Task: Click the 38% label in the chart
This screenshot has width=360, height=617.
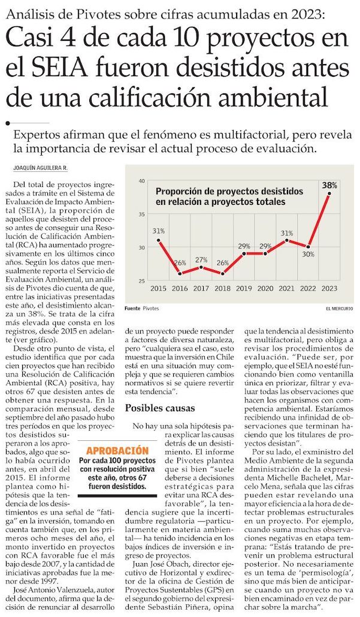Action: click(329, 185)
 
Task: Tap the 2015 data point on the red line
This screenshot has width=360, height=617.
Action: click(159, 240)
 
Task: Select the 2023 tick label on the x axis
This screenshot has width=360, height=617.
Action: click(329, 289)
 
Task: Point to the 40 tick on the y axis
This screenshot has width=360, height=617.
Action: click(142, 180)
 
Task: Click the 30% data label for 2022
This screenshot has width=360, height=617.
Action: click(308, 254)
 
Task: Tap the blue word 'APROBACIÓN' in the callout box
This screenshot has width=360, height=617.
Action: click(117, 449)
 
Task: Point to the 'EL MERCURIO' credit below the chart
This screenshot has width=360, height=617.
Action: click(339, 308)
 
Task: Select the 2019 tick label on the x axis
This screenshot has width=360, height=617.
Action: click(244, 289)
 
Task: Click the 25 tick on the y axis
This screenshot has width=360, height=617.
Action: click(142, 281)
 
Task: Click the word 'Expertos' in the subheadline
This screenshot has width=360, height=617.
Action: click(41, 135)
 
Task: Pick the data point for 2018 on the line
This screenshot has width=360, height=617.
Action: click(223, 274)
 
